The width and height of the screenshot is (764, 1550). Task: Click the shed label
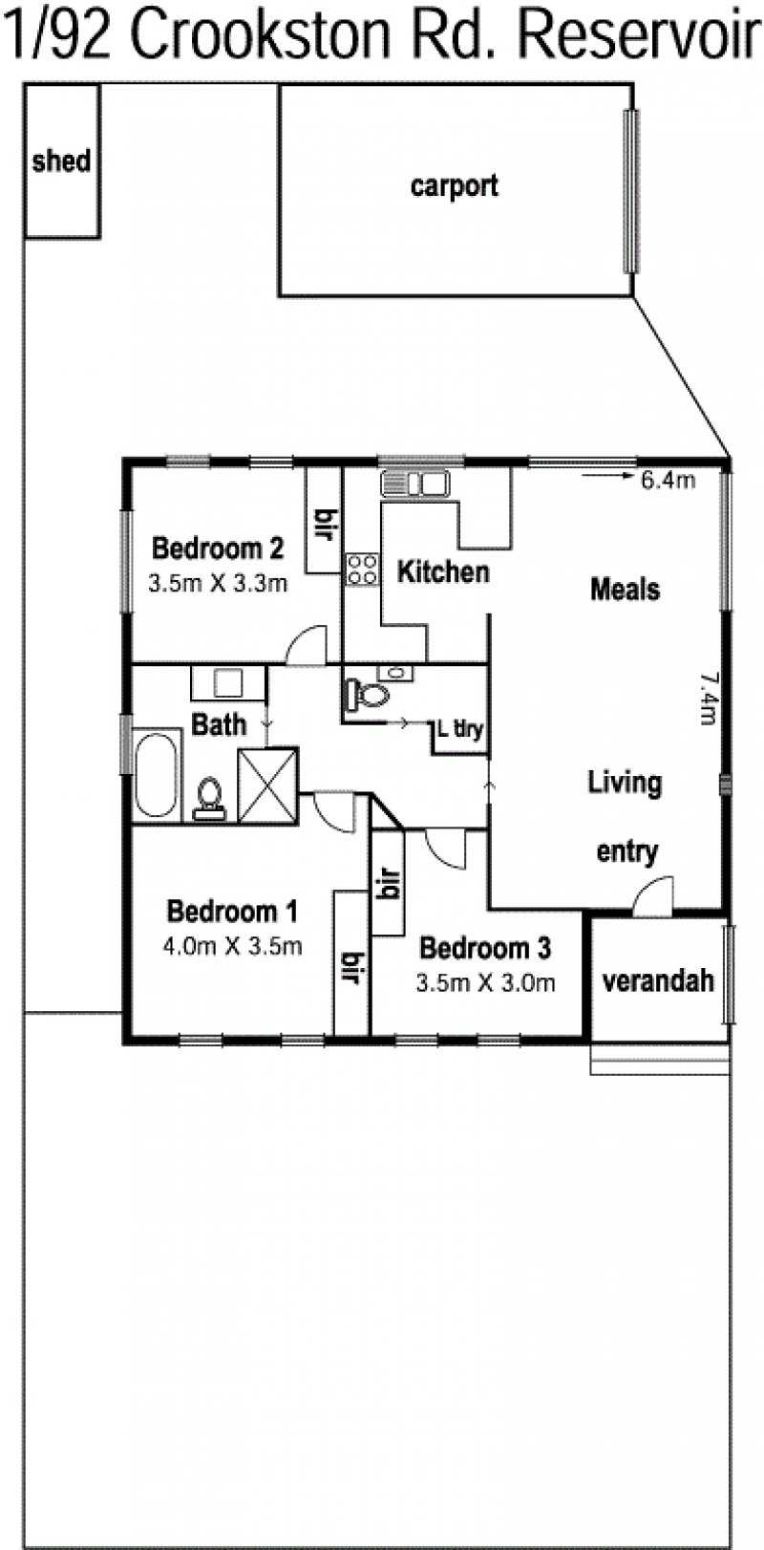point(61,161)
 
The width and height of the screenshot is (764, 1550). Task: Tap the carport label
point(455,186)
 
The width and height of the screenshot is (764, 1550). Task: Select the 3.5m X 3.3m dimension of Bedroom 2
point(218,583)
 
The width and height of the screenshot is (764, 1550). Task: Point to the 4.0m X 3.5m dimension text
point(232,945)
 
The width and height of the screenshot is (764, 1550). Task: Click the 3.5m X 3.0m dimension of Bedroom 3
point(485,982)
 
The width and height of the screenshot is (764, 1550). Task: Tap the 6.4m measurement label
point(668,480)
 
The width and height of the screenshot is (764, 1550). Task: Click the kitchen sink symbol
point(414,483)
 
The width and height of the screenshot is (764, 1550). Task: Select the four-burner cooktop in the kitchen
point(362,570)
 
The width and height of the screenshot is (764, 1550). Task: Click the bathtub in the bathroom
point(156,775)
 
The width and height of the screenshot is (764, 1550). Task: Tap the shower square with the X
point(267,786)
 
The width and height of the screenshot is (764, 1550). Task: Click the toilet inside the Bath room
point(209,799)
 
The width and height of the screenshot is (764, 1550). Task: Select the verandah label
point(658,980)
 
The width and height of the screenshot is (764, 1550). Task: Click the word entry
point(627,851)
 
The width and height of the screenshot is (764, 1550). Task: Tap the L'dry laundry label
point(460,728)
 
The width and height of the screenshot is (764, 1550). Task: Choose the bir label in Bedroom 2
point(325,526)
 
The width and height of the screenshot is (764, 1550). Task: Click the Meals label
point(625,590)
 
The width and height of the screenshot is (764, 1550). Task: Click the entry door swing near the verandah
point(652,896)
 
